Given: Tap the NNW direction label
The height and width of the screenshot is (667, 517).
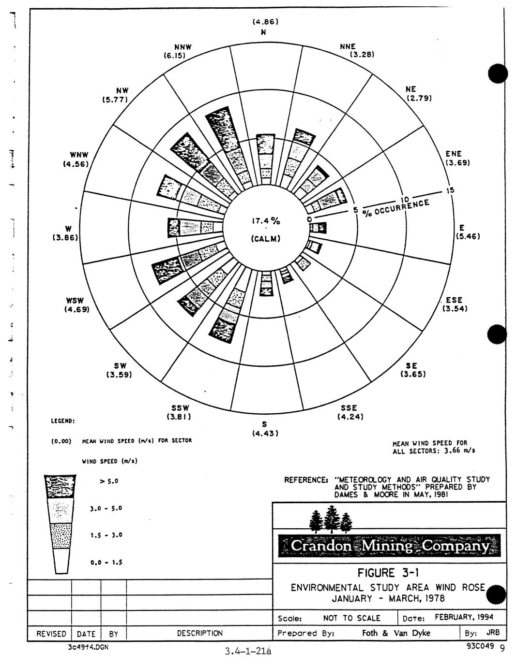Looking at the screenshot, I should (183, 47).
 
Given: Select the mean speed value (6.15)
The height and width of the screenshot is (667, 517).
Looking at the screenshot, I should (175, 56).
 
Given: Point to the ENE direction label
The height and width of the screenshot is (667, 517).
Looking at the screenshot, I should (454, 154).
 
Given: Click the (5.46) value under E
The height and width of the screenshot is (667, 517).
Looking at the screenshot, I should (468, 236).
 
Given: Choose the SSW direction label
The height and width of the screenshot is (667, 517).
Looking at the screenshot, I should (180, 407).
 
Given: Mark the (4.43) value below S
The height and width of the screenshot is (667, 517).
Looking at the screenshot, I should (265, 434).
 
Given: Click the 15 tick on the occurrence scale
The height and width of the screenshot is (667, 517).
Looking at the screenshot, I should (450, 190).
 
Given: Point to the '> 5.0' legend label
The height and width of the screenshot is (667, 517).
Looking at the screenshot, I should (109, 481).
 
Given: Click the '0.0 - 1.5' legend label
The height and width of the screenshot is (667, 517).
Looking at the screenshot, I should (106, 563).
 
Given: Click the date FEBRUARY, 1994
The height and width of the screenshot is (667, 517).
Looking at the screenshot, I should (463, 617).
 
